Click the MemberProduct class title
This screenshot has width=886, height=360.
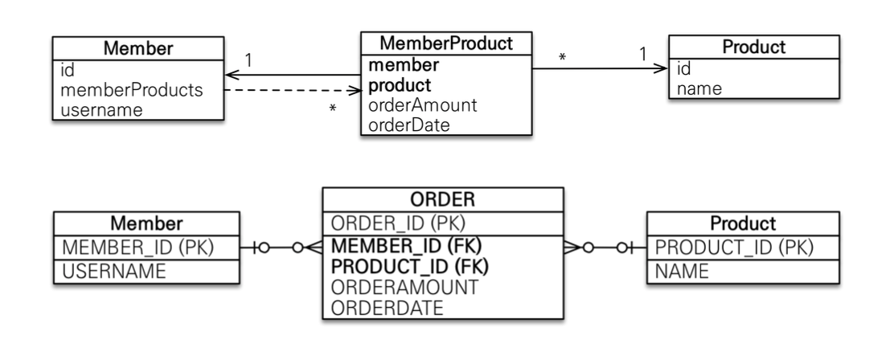click(x=446, y=43)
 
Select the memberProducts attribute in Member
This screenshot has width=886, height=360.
click(x=131, y=90)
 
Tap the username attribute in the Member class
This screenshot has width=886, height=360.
click(x=101, y=109)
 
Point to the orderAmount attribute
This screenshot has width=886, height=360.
click(x=423, y=105)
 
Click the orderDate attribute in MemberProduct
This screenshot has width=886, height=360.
click(x=409, y=125)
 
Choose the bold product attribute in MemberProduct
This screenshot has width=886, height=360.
click(x=400, y=85)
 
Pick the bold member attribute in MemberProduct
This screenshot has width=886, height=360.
click(x=404, y=65)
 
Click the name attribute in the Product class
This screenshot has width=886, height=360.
click(x=699, y=88)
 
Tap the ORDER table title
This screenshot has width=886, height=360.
click(x=442, y=199)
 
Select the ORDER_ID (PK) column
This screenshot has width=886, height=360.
click(x=398, y=223)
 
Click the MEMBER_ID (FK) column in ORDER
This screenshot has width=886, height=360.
click(x=406, y=246)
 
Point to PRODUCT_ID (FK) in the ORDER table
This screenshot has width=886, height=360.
click(x=410, y=266)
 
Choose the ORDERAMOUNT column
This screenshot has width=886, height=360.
click(x=404, y=287)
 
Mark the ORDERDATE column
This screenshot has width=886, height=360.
click(x=387, y=308)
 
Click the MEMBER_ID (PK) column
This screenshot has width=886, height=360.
click(x=137, y=247)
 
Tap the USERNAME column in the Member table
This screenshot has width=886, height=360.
click(x=114, y=272)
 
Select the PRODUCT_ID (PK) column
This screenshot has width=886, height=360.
click(x=734, y=247)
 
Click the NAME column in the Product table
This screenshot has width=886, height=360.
click(x=682, y=272)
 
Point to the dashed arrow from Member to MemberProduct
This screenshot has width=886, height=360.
click(x=293, y=90)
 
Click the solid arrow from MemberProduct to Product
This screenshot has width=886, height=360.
click(x=600, y=68)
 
